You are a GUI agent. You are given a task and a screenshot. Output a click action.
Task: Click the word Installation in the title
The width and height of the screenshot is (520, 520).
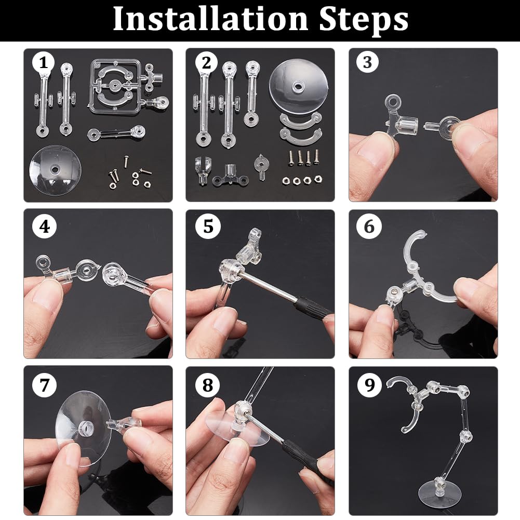click(211, 19)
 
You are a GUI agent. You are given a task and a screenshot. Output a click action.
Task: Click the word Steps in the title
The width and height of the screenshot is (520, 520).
click(364, 20)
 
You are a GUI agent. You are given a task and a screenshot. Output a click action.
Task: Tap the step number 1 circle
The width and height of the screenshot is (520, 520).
click(44, 63)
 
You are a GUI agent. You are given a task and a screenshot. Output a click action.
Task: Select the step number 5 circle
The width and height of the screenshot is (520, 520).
click(208, 226)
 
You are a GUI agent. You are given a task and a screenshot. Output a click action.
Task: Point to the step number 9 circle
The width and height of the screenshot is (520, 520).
click(370, 385)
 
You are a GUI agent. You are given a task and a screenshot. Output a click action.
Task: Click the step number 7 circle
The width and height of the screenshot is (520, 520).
click(44, 385)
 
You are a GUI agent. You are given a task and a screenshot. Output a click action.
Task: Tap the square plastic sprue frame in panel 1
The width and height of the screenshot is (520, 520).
click(114, 87)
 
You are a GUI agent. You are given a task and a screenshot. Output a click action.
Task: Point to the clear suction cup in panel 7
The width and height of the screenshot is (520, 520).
click(83, 428)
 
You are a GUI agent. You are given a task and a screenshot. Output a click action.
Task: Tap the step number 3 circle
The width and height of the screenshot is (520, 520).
click(367, 62)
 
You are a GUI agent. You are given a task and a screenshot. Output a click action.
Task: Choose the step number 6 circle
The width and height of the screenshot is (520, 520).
click(368, 226)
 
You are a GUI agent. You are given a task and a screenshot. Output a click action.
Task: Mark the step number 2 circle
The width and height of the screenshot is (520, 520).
click(206, 63)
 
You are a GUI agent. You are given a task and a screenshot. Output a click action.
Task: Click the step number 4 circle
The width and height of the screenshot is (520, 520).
click(44, 226)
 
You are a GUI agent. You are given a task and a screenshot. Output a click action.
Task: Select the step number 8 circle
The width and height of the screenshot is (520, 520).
click(208, 385)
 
